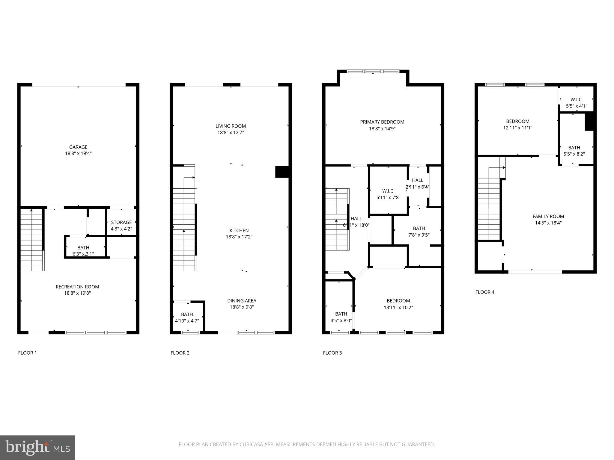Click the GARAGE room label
pos(78,147)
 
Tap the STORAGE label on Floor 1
pos(121,222)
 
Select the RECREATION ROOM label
pos(77,287)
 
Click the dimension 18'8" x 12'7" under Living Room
pos(231,132)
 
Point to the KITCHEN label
pos(239,230)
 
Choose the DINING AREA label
pos(242,301)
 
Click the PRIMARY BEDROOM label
pos(382,122)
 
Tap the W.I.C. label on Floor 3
pos(388,191)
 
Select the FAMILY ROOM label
pos(548,216)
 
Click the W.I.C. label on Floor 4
pos(576,99)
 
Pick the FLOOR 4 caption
pos(485,292)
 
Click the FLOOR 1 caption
pos(27,353)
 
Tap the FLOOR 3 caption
pos(332,353)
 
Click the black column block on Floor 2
pos(282,172)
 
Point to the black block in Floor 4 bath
pos(589,121)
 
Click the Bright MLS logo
pos(37,447)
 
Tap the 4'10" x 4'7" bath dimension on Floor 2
pos(187,321)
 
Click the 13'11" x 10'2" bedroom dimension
pos(398,307)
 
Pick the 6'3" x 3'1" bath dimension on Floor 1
pos(83,254)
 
